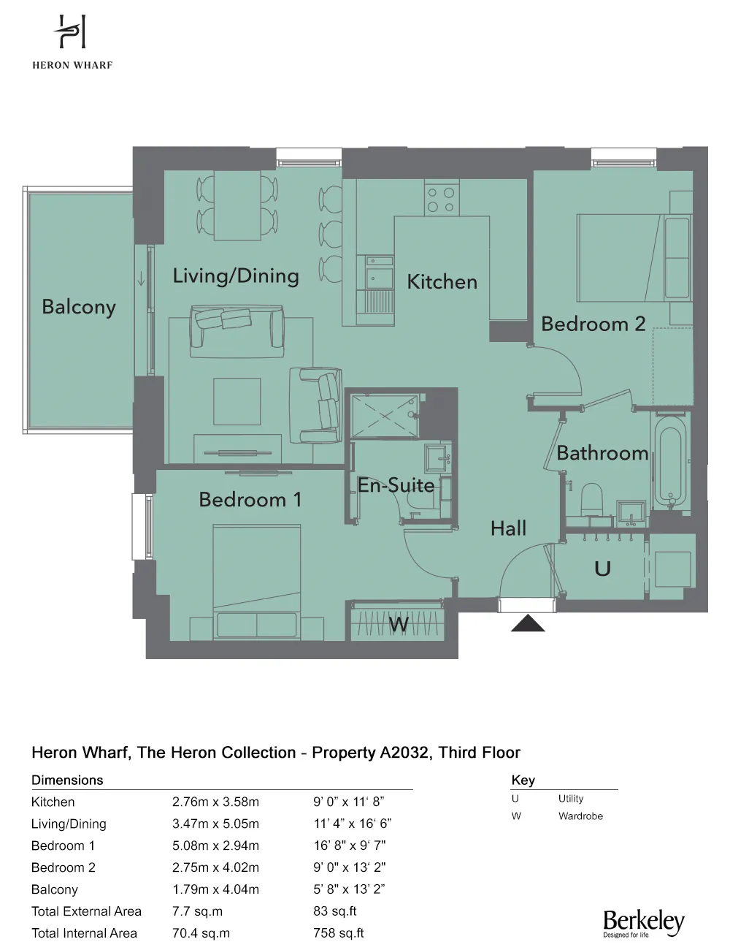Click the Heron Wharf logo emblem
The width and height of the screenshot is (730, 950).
coord(71,31)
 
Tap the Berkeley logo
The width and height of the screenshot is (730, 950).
coord(644,923)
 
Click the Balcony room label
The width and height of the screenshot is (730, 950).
coord(79,307)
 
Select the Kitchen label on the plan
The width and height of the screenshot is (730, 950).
coord(442,281)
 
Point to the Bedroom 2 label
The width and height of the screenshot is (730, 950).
coord(593,324)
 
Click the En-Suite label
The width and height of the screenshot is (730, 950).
coord(396,484)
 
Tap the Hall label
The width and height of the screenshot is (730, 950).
coord(508,528)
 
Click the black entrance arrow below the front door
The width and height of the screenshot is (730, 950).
coord(528,623)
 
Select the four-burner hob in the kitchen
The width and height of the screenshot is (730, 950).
coord(442,199)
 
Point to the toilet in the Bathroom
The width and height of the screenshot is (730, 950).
coord(591,500)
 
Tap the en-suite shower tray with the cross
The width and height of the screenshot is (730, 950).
coord(385,415)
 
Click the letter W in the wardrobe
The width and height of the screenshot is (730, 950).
coord(399,624)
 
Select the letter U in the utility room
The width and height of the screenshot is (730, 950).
coord(602,569)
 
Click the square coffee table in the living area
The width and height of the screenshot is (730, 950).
coord(237,402)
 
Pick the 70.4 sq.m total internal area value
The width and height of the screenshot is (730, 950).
coord(201,933)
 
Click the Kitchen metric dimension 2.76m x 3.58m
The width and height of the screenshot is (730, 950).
coord(215,802)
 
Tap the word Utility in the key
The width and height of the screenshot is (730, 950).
coord(571,799)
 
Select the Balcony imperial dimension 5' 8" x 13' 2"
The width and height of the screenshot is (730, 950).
coord(349,889)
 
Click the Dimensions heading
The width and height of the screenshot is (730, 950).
coord(67,780)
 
